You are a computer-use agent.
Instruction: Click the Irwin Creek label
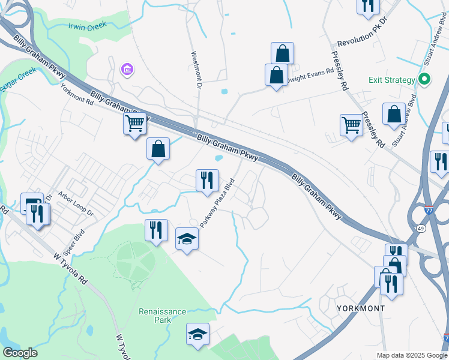click(86, 25)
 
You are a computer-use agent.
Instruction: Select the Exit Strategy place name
click(392, 80)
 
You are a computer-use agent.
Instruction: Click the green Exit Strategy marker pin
click(424, 79)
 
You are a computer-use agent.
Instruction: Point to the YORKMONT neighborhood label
click(360, 308)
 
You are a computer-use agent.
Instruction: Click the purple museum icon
click(127, 71)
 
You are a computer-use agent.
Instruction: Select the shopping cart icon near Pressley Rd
click(351, 125)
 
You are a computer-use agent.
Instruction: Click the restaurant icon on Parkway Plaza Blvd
click(207, 179)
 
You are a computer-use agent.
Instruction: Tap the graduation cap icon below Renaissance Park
click(197, 334)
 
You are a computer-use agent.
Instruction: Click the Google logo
click(20, 353)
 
